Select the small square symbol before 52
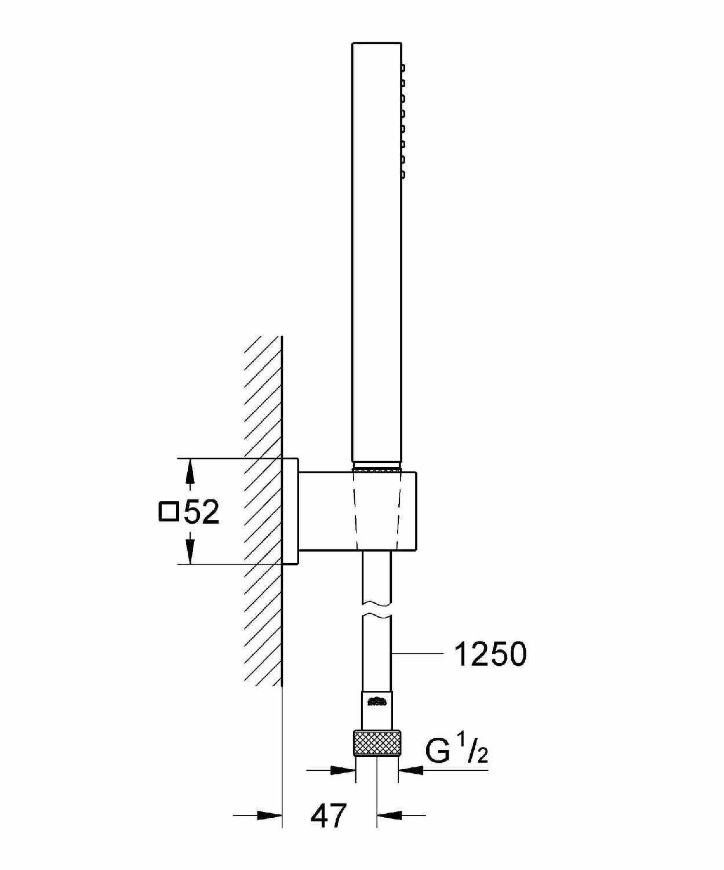pos(169,512)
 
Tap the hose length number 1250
pos(490,654)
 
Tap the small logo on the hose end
pos(377,701)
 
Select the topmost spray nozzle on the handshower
pos(403,67)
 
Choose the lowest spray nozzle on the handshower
pos(403,175)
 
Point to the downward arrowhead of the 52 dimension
pos(190,552)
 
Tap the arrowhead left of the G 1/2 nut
pos(343,770)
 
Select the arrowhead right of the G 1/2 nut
pos(411,770)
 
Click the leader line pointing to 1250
pos(417,654)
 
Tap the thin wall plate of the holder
pos(290,511)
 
